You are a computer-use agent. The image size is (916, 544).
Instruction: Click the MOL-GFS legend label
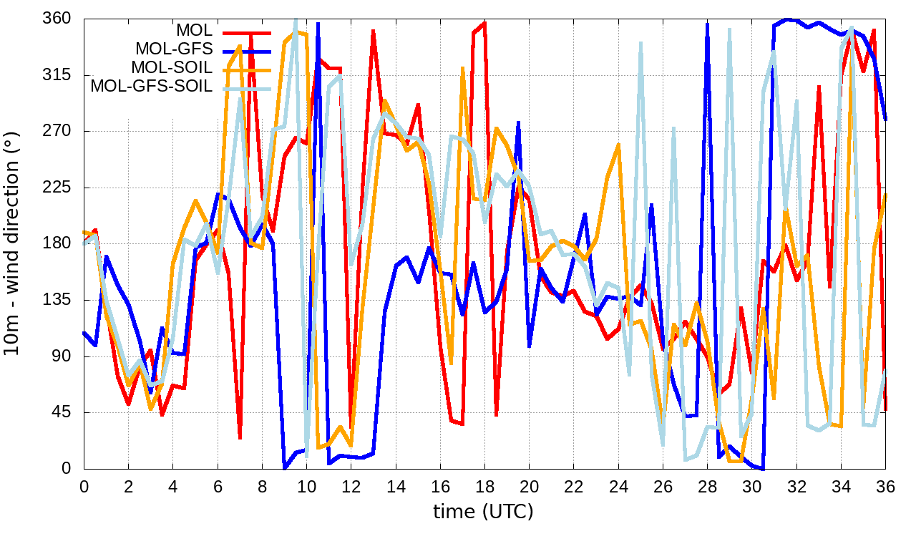(174, 49)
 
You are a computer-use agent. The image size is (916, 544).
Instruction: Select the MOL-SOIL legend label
(172, 68)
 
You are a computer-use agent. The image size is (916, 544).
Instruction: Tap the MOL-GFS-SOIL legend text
(152, 87)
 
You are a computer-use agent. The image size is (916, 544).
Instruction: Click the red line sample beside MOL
(246, 31)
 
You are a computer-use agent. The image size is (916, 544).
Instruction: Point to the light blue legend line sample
(246, 87)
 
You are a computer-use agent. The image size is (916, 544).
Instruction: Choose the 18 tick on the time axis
(484, 486)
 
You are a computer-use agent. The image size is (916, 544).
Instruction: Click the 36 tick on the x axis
(886, 486)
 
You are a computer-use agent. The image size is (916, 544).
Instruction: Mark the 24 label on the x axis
(618, 486)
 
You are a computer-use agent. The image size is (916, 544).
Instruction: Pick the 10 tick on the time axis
(306, 486)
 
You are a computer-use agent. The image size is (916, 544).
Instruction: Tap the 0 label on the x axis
(84, 486)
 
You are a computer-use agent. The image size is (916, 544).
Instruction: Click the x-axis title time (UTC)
(484, 512)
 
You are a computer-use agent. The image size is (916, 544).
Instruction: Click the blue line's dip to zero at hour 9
(285, 468)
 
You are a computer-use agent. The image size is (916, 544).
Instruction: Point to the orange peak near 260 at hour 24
(618, 145)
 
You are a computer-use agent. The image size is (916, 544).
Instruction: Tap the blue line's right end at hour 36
(885, 120)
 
